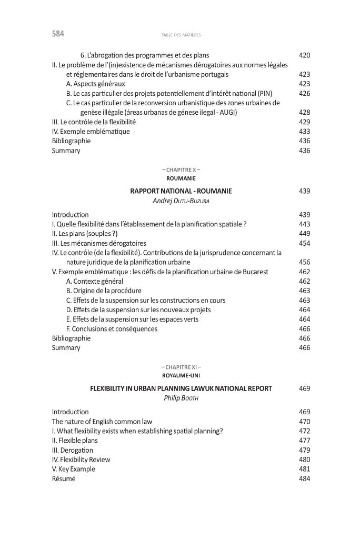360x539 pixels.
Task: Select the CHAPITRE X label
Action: tap(181, 169)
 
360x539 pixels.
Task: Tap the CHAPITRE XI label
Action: tap(181, 366)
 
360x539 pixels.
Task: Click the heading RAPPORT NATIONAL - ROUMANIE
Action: tap(181, 191)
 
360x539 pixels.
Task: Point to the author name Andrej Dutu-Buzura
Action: tap(181, 201)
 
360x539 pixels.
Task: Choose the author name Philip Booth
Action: tap(181, 398)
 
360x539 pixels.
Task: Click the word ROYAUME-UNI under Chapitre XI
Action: tap(181, 375)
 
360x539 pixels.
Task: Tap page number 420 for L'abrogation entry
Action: tap(304, 55)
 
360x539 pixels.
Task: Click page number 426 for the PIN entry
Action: tap(304, 93)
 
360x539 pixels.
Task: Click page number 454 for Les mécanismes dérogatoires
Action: tap(304, 243)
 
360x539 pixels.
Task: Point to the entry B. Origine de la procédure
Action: tap(104, 291)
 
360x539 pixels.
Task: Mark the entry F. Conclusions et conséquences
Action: tap(112, 329)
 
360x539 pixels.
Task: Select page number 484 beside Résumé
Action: tap(304, 479)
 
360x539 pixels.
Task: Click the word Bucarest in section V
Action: tap(254, 272)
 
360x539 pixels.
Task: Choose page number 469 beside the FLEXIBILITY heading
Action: tap(304, 388)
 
